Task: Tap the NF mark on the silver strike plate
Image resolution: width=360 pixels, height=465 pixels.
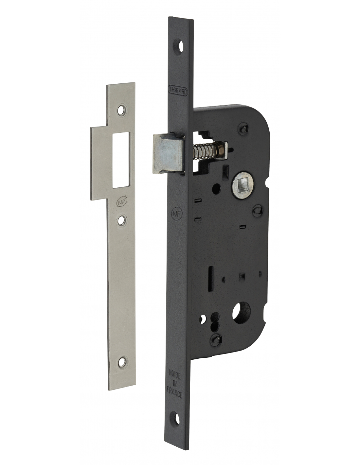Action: [121, 203]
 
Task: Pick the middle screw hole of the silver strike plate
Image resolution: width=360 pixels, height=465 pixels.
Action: [121, 220]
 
